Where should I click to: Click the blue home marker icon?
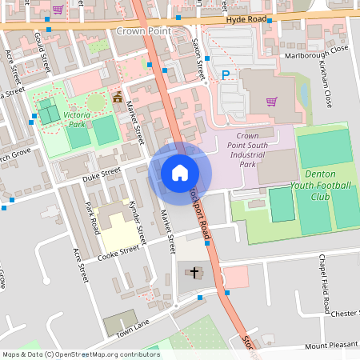coord(180,172)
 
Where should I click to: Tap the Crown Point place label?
coord(144,31)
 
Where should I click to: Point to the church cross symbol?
coord(194,273)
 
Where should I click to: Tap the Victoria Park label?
coord(77,120)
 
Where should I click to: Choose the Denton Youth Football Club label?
coord(327,185)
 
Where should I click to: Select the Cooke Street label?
coord(118,253)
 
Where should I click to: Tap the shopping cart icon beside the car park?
coord(272,102)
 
